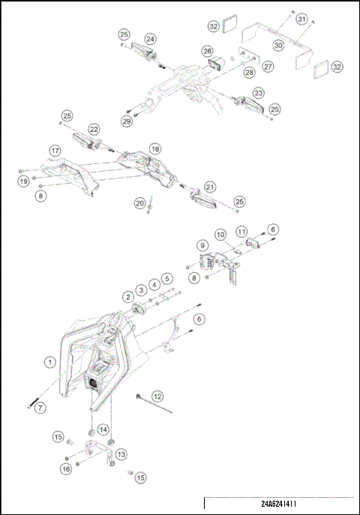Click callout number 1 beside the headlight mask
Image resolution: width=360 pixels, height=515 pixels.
(50, 363)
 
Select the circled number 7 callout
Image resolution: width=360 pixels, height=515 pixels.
(41, 407)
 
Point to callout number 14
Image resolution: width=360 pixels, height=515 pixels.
(103, 430)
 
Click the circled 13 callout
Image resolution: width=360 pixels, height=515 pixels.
(121, 454)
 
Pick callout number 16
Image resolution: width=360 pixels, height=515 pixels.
(65, 469)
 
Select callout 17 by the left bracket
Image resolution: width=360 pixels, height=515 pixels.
(55, 150)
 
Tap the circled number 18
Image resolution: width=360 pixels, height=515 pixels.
(154, 148)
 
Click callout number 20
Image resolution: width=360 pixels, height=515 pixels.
(139, 202)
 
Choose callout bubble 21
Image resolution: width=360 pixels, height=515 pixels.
(210, 187)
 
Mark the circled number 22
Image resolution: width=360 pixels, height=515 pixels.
(94, 129)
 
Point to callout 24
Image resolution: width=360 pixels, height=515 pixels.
(151, 38)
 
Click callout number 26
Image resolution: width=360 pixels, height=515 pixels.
(207, 50)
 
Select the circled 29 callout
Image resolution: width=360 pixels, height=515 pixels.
(127, 121)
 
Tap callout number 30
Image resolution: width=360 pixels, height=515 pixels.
(278, 44)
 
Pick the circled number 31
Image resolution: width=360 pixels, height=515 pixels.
(301, 18)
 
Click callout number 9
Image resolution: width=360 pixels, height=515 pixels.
(202, 245)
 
